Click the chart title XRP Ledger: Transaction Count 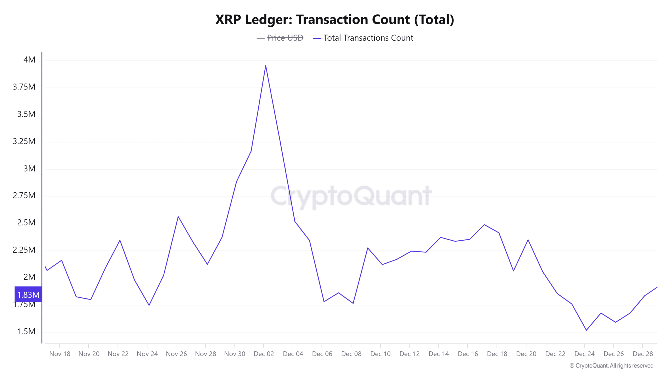[x=334, y=20]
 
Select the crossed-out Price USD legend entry [x=285, y=38]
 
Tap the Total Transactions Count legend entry [x=368, y=38]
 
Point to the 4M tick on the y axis [x=29, y=60]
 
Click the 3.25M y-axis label [x=24, y=141]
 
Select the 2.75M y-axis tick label [x=24, y=195]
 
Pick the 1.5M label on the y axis [x=26, y=331]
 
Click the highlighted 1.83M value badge [x=28, y=295]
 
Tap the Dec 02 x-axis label [x=264, y=354]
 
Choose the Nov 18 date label [x=60, y=354]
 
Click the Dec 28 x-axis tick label [x=643, y=354]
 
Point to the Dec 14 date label [x=439, y=354]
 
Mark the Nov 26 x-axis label [x=176, y=354]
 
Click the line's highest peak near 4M [x=266, y=66]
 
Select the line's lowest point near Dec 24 [x=586, y=330]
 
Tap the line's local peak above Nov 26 [x=178, y=217]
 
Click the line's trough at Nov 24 [x=149, y=305]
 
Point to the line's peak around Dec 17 [x=484, y=225]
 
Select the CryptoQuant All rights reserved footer [x=611, y=366]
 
